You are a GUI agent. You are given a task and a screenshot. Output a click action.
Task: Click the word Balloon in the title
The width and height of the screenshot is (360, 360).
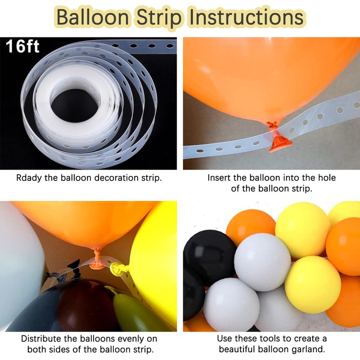(93, 17)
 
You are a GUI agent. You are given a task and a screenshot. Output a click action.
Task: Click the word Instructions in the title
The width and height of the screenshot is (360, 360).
(246, 17)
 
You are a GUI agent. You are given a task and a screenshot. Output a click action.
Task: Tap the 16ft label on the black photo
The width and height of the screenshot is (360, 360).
(22, 46)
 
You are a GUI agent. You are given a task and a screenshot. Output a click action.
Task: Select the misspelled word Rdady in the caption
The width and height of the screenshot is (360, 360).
(29, 178)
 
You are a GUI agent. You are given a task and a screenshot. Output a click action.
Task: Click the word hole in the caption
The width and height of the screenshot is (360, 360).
(327, 178)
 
